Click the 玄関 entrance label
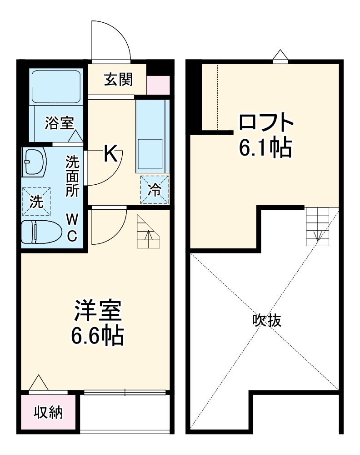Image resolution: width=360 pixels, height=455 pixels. pyautogui.click(x=119, y=80)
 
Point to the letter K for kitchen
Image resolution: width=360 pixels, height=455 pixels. pyautogui.click(x=111, y=154)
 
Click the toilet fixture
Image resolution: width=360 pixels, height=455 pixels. pyautogui.click(x=41, y=232)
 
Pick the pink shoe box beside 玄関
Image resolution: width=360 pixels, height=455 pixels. pyautogui.click(x=158, y=86)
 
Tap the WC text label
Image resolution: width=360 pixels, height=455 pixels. pyautogui.click(x=72, y=228)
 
